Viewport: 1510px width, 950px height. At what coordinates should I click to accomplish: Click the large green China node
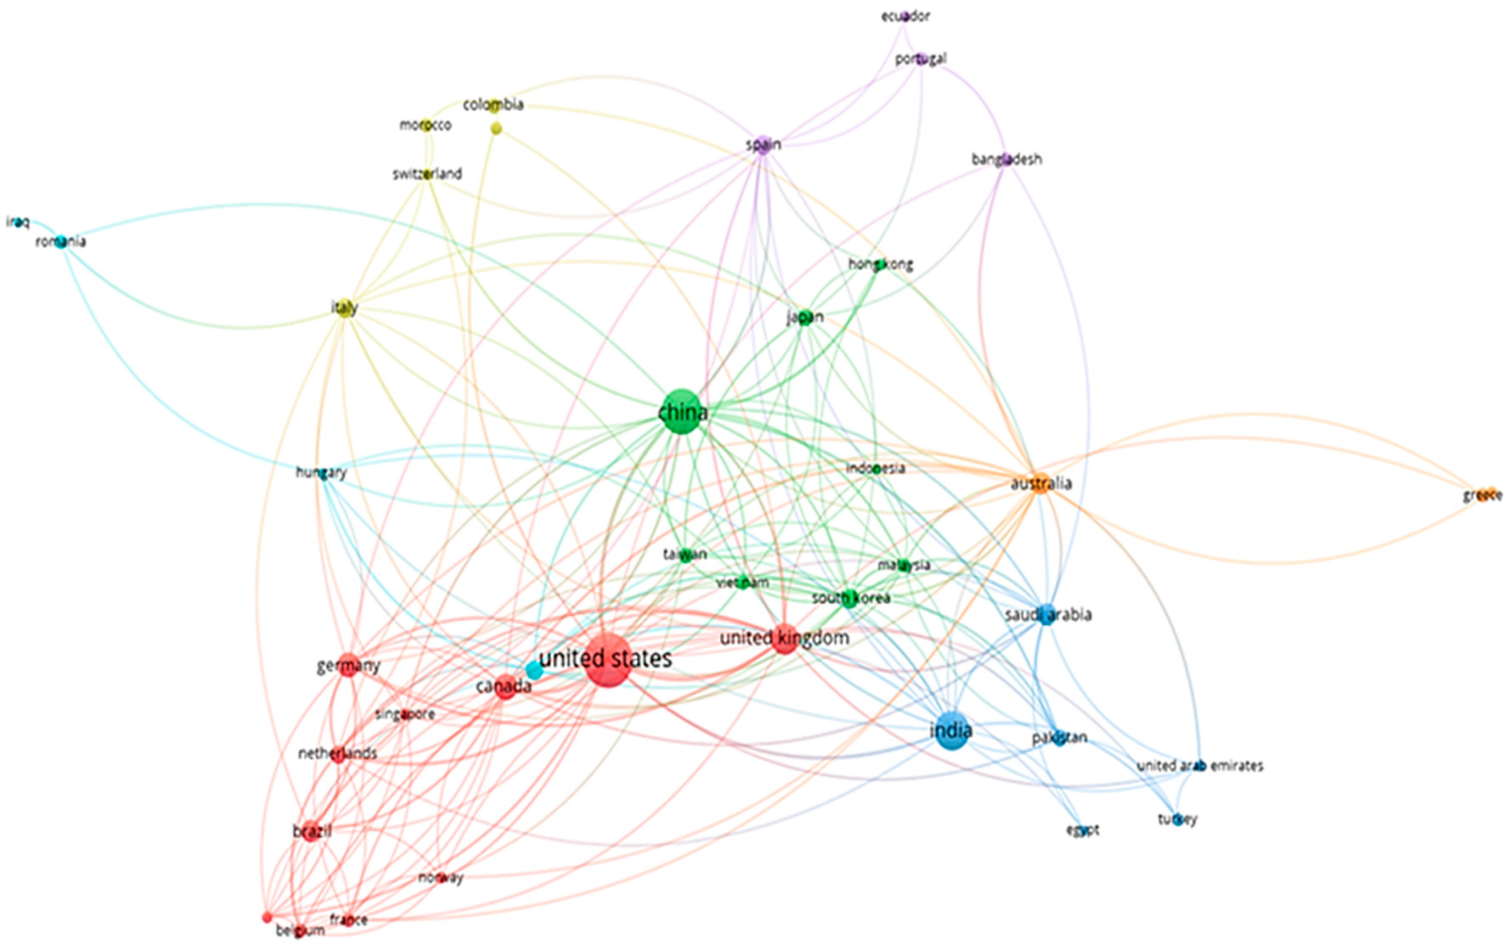(682, 412)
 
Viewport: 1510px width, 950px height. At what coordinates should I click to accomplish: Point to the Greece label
(1482, 495)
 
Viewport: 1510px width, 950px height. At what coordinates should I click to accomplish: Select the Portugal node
(920, 59)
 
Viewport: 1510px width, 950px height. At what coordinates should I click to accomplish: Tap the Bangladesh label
(1007, 159)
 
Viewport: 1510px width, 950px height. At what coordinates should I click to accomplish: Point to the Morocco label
(425, 125)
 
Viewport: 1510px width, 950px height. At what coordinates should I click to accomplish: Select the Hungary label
(321, 472)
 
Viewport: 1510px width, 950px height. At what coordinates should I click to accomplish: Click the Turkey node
(1177, 819)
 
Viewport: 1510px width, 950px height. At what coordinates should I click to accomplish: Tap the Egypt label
(1082, 829)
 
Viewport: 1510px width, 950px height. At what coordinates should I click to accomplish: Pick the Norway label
(441, 878)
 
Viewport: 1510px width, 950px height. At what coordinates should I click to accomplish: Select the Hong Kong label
(881, 265)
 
